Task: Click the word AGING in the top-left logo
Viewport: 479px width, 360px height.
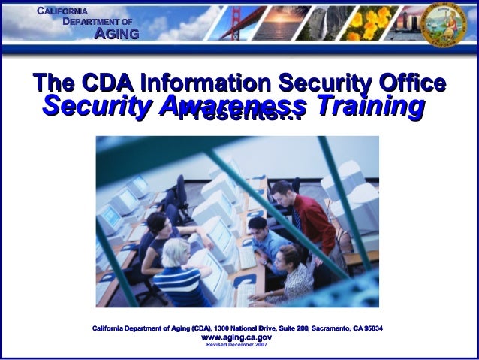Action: click(116, 34)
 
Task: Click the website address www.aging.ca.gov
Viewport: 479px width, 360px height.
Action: click(237, 339)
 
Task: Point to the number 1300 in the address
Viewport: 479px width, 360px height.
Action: click(224, 328)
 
